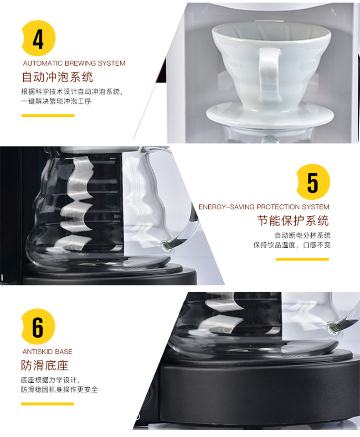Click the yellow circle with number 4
(x=38, y=38)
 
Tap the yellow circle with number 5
(x=313, y=182)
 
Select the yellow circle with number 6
(x=38, y=327)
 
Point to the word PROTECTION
(x=275, y=207)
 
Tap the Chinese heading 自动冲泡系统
(x=57, y=77)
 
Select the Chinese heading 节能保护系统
(x=293, y=221)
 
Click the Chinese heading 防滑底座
(x=45, y=365)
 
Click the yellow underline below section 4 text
(x=48, y=115)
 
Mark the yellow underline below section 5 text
(x=303, y=259)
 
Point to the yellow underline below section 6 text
(x=47, y=404)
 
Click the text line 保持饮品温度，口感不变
(x=292, y=245)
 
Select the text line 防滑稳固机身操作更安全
(x=59, y=390)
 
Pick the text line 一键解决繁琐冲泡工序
(x=56, y=101)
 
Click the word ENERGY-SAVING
(x=226, y=207)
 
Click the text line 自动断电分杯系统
(x=303, y=235)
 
